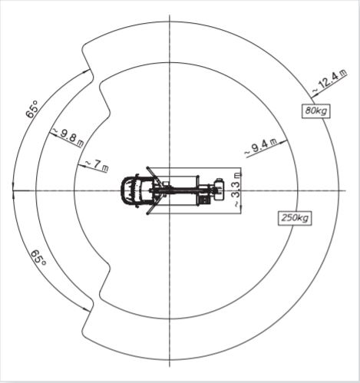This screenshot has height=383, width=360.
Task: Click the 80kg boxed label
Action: (316, 111)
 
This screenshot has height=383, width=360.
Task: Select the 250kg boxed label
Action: (295, 218)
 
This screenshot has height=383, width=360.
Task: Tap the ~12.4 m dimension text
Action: (330, 81)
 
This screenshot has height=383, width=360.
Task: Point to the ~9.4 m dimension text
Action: (261, 147)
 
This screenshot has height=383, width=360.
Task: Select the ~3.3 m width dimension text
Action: (237, 190)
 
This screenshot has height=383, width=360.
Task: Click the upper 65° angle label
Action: (32, 109)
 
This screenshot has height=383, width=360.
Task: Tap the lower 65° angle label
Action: (38, 258)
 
